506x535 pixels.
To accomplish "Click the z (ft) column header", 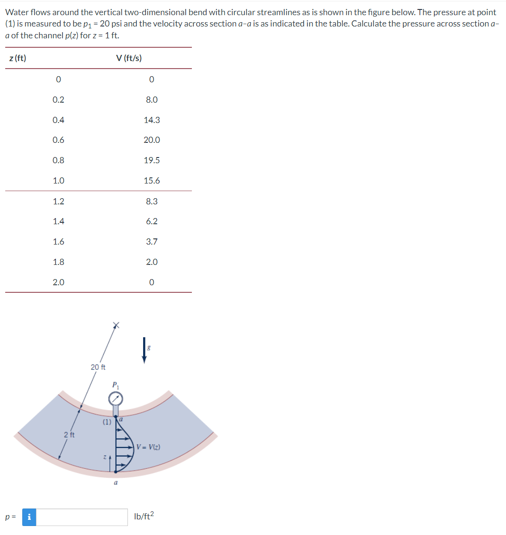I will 18,58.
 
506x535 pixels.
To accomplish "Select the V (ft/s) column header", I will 128,58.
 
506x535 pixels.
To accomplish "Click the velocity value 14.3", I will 152,120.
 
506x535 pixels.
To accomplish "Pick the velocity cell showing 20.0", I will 152,140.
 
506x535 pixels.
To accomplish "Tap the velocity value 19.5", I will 152,160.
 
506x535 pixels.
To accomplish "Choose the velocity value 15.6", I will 152,181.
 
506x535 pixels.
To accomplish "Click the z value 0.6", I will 58,140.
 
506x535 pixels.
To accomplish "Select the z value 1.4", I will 58,221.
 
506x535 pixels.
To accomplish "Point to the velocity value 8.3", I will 152,202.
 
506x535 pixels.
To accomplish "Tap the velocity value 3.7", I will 152,242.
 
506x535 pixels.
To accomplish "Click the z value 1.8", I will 58,262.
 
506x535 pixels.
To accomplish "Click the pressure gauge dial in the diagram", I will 115,399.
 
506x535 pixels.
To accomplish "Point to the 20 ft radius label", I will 98,367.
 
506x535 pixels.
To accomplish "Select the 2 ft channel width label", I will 69,435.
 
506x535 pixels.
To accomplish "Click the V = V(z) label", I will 148,447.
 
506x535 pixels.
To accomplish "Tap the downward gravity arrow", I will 145,350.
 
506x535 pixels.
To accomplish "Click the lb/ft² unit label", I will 145,517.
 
